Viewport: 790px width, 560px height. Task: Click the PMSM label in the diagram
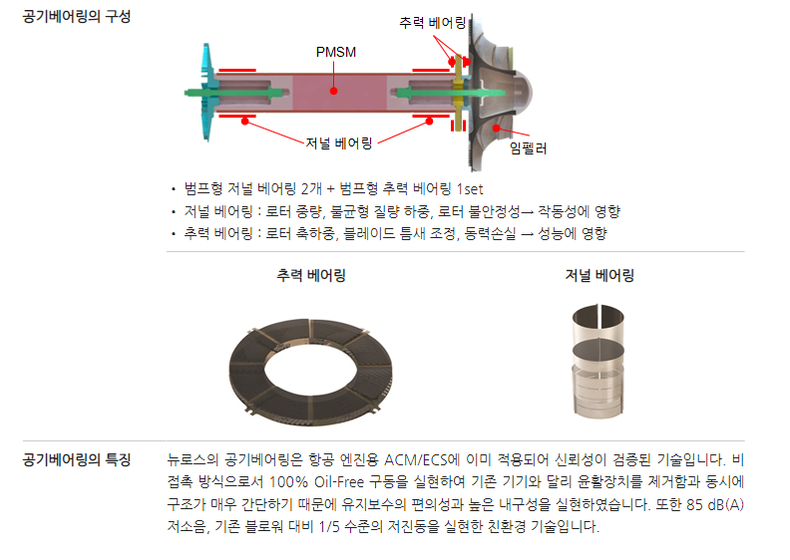pyautogui.click(x=335, y=52)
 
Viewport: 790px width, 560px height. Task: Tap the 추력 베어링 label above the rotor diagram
pyautogui.click(x=432, y=23)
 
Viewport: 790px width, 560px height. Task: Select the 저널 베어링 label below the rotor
pyautogui.click(x=339, y=143)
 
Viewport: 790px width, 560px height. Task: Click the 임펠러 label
pyautogui.click(x=528, y=148)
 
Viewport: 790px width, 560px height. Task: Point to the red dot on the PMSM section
pyautogui.click(x=333, y=91)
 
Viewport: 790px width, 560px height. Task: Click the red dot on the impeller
pyautogui.click(x=497, y=129)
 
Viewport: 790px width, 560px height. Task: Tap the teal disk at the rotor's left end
pyautogui.click(x=207, y=92)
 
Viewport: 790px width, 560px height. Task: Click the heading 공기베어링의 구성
pyautogui.click(x=77, y=17)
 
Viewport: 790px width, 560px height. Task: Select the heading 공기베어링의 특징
pyautogui.click(x=77, y=459)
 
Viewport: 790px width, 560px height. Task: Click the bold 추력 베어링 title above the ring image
pyautogui.click(x=311, y=275)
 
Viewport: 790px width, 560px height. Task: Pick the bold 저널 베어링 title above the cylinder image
pyautogui.click(x=599, y=275)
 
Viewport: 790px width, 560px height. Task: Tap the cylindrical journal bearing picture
pyautogui.click(x=598, y=362)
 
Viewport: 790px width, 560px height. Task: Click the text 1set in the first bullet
pyautogui.click(x=470, y=189)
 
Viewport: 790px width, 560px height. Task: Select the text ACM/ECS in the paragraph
pyautogui.click(x=416, y=460)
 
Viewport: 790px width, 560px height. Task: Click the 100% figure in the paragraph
pyautogui.click(x=288, y=482)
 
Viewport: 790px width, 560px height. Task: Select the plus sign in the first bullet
pyautogui.click(x=330, y=189)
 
